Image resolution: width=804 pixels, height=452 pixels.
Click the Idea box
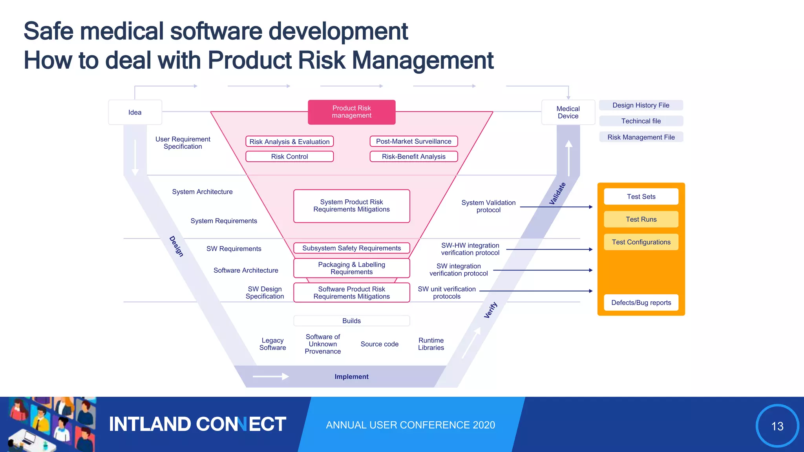[x=135, y=112]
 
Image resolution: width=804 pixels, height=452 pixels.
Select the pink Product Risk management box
[x=351, y=112]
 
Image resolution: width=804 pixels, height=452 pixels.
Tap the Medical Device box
[x=568, y=112]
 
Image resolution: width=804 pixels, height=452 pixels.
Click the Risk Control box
[x=289, y=157]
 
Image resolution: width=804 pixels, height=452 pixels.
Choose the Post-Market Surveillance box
[x=413, y=141]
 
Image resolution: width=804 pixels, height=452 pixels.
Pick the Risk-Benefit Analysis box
[x=413, y=157]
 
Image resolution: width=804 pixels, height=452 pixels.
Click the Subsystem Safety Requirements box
[x=351, y=248]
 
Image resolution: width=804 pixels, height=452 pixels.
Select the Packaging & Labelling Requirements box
[x=351, y=268]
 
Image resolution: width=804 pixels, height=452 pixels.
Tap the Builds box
[x=351, y=321]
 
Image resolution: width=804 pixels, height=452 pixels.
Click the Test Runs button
[x=641, y=219]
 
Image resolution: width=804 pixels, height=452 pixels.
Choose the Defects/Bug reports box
[x=641, y=303]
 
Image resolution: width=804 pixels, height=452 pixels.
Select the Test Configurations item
[x=641, y=242]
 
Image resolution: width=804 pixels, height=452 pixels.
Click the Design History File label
[x=641, y=105]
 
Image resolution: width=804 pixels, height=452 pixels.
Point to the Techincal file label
[x=641, y=121]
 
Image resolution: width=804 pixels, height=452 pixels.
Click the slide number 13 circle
[x=777, y=426]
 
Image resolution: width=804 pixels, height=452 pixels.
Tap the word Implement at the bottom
[x=351, y=377]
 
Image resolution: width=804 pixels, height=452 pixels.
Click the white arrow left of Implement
[x=271, y=377]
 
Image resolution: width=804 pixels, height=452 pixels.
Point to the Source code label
[x=379, y=344]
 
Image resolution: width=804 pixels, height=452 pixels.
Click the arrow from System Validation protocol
[x=555, y=207]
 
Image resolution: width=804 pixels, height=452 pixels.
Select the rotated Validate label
[x=557, y=193]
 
